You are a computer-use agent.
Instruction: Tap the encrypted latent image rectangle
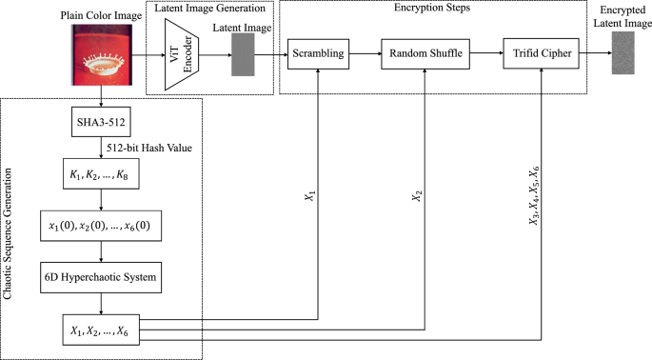pyautogui.click(x=623, y=56)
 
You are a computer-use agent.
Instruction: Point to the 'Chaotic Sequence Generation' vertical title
pyautogui.click(x=10, y=228)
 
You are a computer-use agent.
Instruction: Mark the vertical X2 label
pyautogui.click(x=415, y=197)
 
